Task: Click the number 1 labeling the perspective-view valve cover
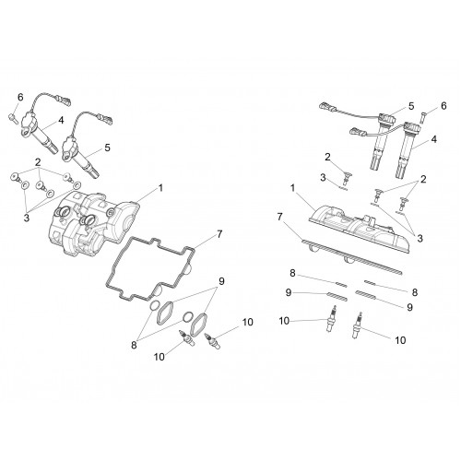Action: click(x=160, y=187)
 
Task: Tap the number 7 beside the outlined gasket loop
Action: click(x=219, y=234)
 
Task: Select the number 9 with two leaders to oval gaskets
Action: click(x=221, y=281)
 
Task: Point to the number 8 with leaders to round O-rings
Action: click(x=134, y=345)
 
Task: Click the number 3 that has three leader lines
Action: click(x=27, y=219)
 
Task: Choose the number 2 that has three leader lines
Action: click(x=38, y=162)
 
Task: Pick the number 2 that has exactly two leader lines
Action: click(x=423, y=179)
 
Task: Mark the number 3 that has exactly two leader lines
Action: click(x=420, y=238)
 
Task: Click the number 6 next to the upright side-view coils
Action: click(x=443, y=106)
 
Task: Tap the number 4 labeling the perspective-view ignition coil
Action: click(x=61, y=120)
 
